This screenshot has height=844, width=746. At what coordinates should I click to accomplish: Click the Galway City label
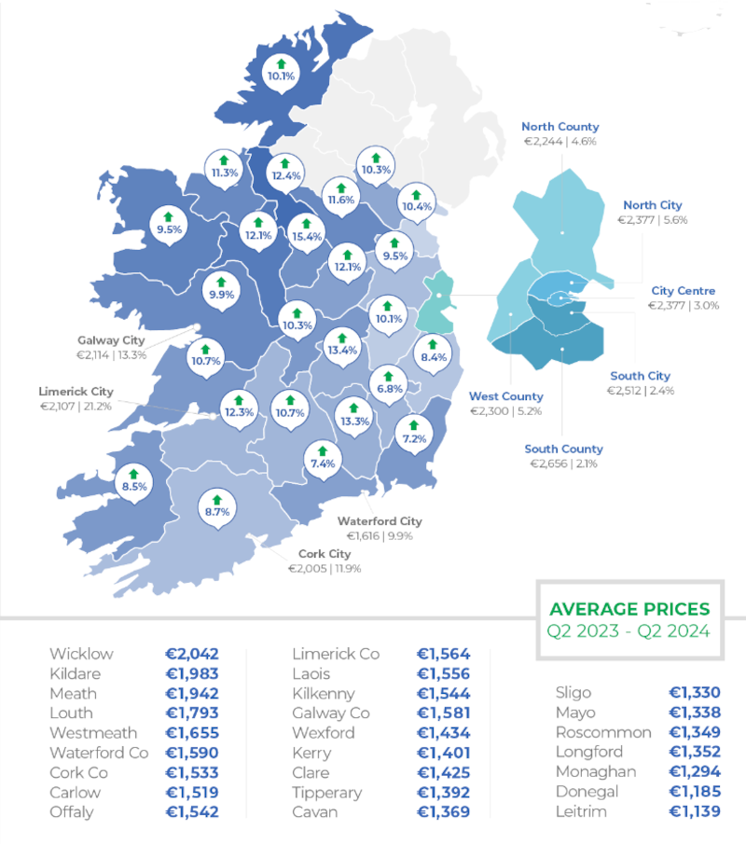(111, 340)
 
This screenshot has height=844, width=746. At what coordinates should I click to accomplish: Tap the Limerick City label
(76, 392)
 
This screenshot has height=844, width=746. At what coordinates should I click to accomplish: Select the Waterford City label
(380, 521)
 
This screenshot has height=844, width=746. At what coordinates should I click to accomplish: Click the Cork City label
(325, 554)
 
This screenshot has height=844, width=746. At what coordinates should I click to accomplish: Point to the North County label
(559, 127)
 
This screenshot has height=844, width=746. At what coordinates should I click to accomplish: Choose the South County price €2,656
(564, 464)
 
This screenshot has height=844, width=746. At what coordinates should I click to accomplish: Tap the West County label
(505, 396)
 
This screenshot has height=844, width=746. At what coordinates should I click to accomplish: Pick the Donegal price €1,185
(695, 792)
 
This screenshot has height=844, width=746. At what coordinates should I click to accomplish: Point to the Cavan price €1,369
(444, 811)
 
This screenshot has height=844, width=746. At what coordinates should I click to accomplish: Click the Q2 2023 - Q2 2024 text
(629, 631)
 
